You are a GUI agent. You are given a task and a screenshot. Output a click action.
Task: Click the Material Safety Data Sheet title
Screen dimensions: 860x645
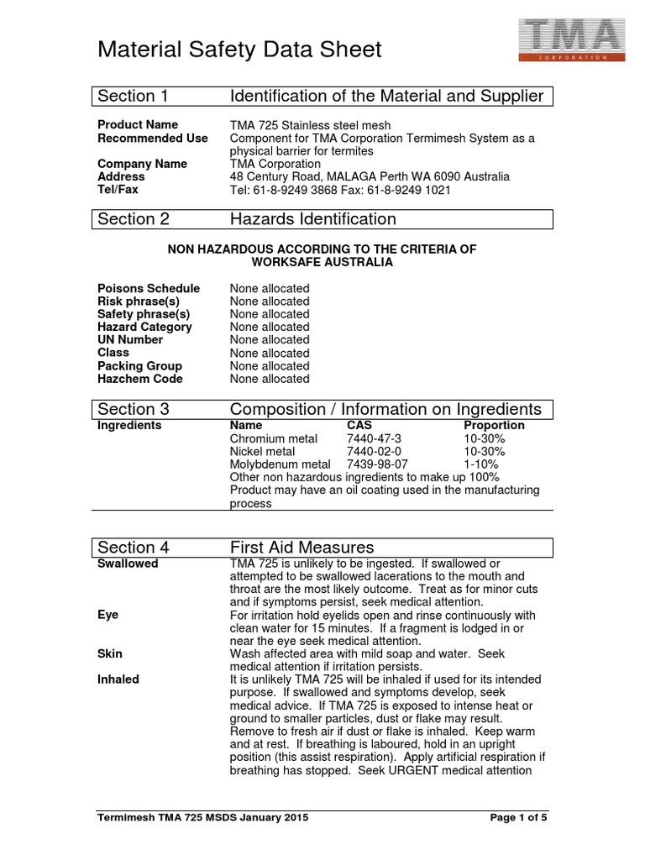[x=239, y=50]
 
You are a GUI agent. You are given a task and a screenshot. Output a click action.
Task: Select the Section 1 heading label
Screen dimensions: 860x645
[x=133, y=96]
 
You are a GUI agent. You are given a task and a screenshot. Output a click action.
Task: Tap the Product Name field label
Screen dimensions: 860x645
[x=138, y=124]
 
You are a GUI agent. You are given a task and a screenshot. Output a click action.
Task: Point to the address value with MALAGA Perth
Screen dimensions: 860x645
[x=370, y=177]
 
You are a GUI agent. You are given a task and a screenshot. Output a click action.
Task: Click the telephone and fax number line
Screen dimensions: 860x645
[x=340, y=190]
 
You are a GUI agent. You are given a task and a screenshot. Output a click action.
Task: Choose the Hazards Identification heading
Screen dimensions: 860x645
[x=312, y=219]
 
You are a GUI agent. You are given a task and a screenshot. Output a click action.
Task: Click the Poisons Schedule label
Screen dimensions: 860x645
[x=149, y=288]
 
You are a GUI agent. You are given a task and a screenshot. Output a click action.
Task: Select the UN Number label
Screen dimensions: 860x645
[x=130, y=339]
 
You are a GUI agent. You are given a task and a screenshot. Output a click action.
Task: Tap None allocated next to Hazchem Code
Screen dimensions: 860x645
[x=270, y=379]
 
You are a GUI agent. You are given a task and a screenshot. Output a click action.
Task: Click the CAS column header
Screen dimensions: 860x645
[x=359, y=425]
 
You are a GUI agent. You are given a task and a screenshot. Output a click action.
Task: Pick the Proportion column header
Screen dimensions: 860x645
[x=494, y=425]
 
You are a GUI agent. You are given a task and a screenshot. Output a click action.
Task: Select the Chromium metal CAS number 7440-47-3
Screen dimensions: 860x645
[x=375, y=438]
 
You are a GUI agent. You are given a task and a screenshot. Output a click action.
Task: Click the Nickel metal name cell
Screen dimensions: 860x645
[x=262, y=451]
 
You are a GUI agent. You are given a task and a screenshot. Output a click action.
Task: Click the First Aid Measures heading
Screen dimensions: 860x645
[x=302, y=548]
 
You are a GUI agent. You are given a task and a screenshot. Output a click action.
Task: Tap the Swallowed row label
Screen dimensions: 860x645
[x=128, y=564]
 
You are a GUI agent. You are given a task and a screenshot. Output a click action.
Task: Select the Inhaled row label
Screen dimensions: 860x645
[x=118, y=679]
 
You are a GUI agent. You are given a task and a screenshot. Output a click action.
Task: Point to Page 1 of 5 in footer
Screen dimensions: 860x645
[x=517, y=817]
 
